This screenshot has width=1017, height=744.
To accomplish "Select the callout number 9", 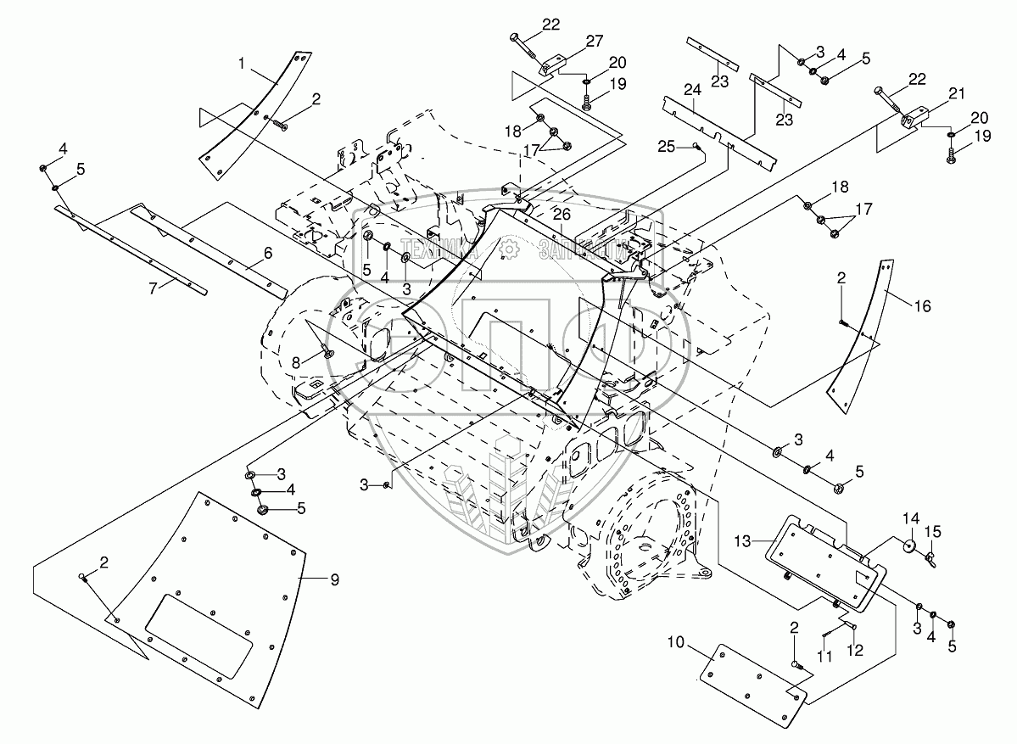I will [x=334, y=580].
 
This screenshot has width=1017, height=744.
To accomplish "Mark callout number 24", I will [x=692, y=89].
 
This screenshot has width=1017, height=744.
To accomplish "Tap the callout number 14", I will [x=909, y=517].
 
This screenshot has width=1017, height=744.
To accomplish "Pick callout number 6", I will [x=267, y=253].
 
